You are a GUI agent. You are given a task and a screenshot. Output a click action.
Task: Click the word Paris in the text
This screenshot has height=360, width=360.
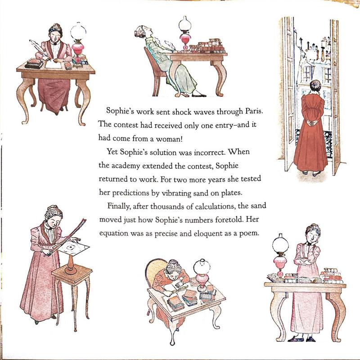click(254, 111)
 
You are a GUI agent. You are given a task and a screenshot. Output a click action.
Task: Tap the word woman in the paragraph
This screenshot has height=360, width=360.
click(169, 139)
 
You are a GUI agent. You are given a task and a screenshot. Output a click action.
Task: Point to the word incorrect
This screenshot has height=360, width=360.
click(209, 153)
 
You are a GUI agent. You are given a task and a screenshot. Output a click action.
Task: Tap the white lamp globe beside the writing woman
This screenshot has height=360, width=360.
click(78, 31)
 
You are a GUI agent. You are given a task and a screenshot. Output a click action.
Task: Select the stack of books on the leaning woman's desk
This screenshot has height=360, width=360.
click(207, 46)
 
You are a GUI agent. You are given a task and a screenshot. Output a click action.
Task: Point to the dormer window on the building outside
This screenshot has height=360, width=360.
click(308, 72)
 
